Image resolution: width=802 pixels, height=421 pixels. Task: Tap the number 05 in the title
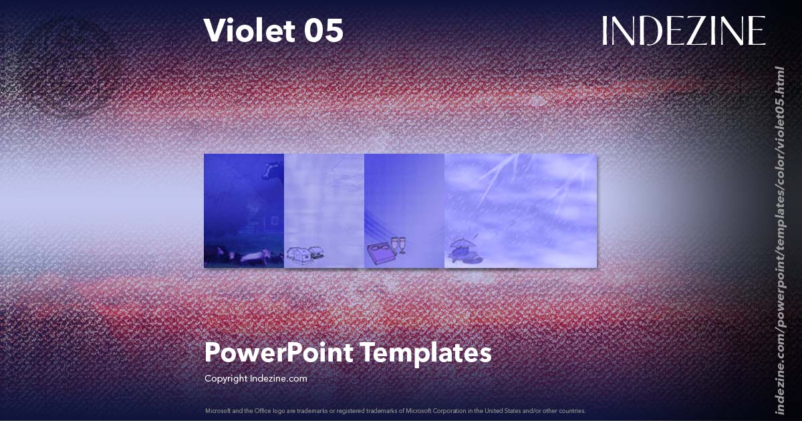pos(323,30)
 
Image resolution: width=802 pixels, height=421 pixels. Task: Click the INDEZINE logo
pos(683,31)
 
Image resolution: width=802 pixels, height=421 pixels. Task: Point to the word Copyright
pos(226,378)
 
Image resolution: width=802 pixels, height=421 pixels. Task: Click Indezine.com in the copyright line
pos(279,378)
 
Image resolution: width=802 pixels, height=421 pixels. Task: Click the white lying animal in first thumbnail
pos(253,256)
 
